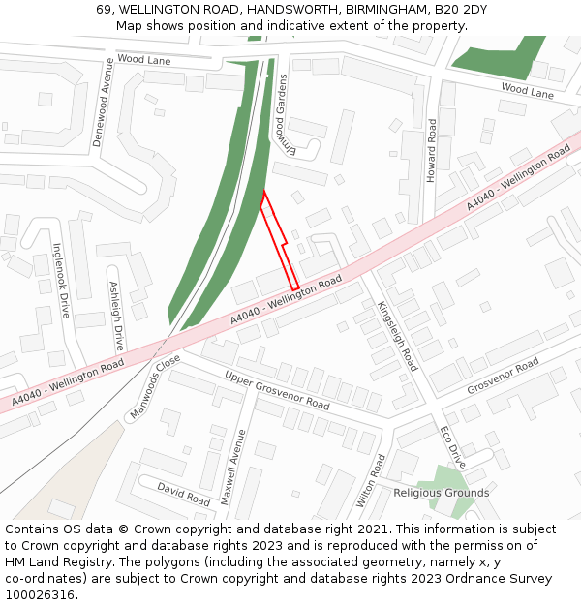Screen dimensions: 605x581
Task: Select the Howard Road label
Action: point(432,151)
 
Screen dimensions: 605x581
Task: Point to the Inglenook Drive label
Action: point(62,280)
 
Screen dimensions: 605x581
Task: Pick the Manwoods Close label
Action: point(152,386)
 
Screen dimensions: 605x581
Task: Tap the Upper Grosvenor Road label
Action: point(277,388)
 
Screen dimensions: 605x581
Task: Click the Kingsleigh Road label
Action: point(397,335)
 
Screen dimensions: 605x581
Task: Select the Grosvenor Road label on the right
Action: point(503,376)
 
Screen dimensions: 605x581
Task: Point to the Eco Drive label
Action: point(453,446)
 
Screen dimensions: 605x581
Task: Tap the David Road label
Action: point(184,494)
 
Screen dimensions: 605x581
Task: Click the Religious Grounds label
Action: point(441,493)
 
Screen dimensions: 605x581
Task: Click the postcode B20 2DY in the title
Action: point(460,10)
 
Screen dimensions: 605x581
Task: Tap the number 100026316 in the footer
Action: point(40,595)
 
